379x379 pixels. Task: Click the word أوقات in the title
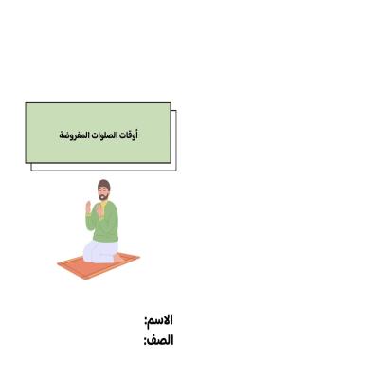pyautogui.click(x=132, y=135)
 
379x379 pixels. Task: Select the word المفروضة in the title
pyautogui.click(x=77, y=135)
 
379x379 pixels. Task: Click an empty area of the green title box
pyautogui.click(x=57, y=118)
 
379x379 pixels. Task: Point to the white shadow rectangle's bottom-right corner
pyautogui.click(x=175, y=171)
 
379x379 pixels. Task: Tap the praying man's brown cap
pyautogui.click(x=104, y=185)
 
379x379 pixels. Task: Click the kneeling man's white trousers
pyautogui.click(x=97, y=251)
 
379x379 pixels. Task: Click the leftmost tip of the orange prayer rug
pyautogui.click(x=58, y=264)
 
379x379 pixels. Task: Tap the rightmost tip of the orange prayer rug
pyautogui.click(x=139, y=255)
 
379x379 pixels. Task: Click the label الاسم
pyautogui.click(x=162, y=320)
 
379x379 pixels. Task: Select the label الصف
pyautogui.click(x=162, y=340)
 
